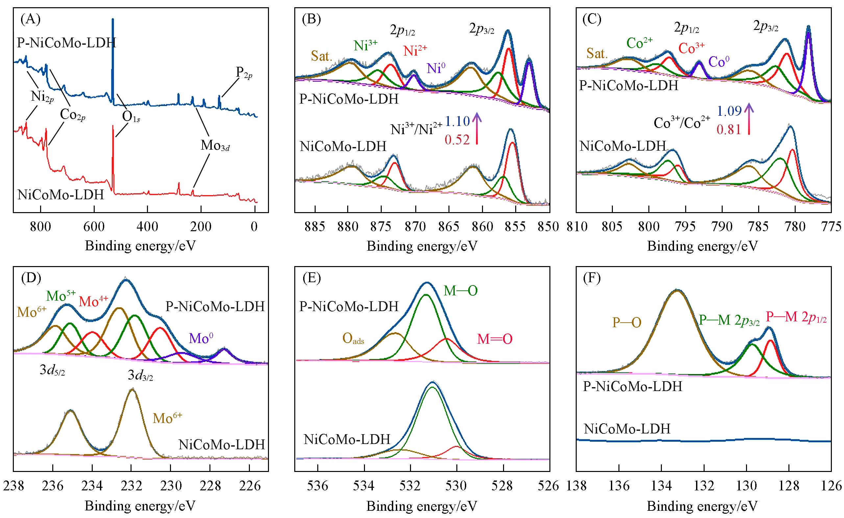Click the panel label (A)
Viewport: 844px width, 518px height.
click(31, 19)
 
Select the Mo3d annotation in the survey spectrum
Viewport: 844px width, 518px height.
click(215, 147)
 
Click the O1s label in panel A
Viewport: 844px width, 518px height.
click(131, 117)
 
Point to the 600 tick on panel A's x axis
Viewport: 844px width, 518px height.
click(94, 228)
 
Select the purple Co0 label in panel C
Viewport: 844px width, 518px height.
click(719, 62)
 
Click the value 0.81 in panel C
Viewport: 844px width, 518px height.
click(729, 130)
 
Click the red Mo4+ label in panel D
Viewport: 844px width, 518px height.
click(93, 301)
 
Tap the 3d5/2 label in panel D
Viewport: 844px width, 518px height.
click(52, 371)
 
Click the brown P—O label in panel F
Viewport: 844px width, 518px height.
click(627, 322)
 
